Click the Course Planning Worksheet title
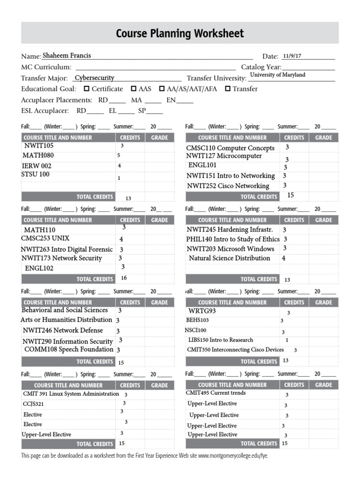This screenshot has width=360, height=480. point(180,33)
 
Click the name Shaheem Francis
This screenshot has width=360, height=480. point(67,55)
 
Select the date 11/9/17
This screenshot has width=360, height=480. point(292,56)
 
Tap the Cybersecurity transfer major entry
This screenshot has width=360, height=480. point(94,78)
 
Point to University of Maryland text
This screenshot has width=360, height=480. point(277,75)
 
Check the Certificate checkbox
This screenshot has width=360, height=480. point(86,89)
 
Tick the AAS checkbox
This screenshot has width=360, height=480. point(134,89)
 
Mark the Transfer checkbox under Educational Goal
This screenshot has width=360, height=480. point(228,89)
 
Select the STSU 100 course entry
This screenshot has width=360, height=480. point(35,174)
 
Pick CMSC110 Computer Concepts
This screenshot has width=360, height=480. point(230,148)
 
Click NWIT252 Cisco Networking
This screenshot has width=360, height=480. point(228,186)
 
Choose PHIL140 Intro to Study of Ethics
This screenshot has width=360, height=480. point(232,239)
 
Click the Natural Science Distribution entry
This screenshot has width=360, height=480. point(229,258)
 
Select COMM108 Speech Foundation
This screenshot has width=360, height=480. point(69,349)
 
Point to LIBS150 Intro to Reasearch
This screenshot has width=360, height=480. point(220,340)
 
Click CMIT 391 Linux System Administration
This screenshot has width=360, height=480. point(71,394)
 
